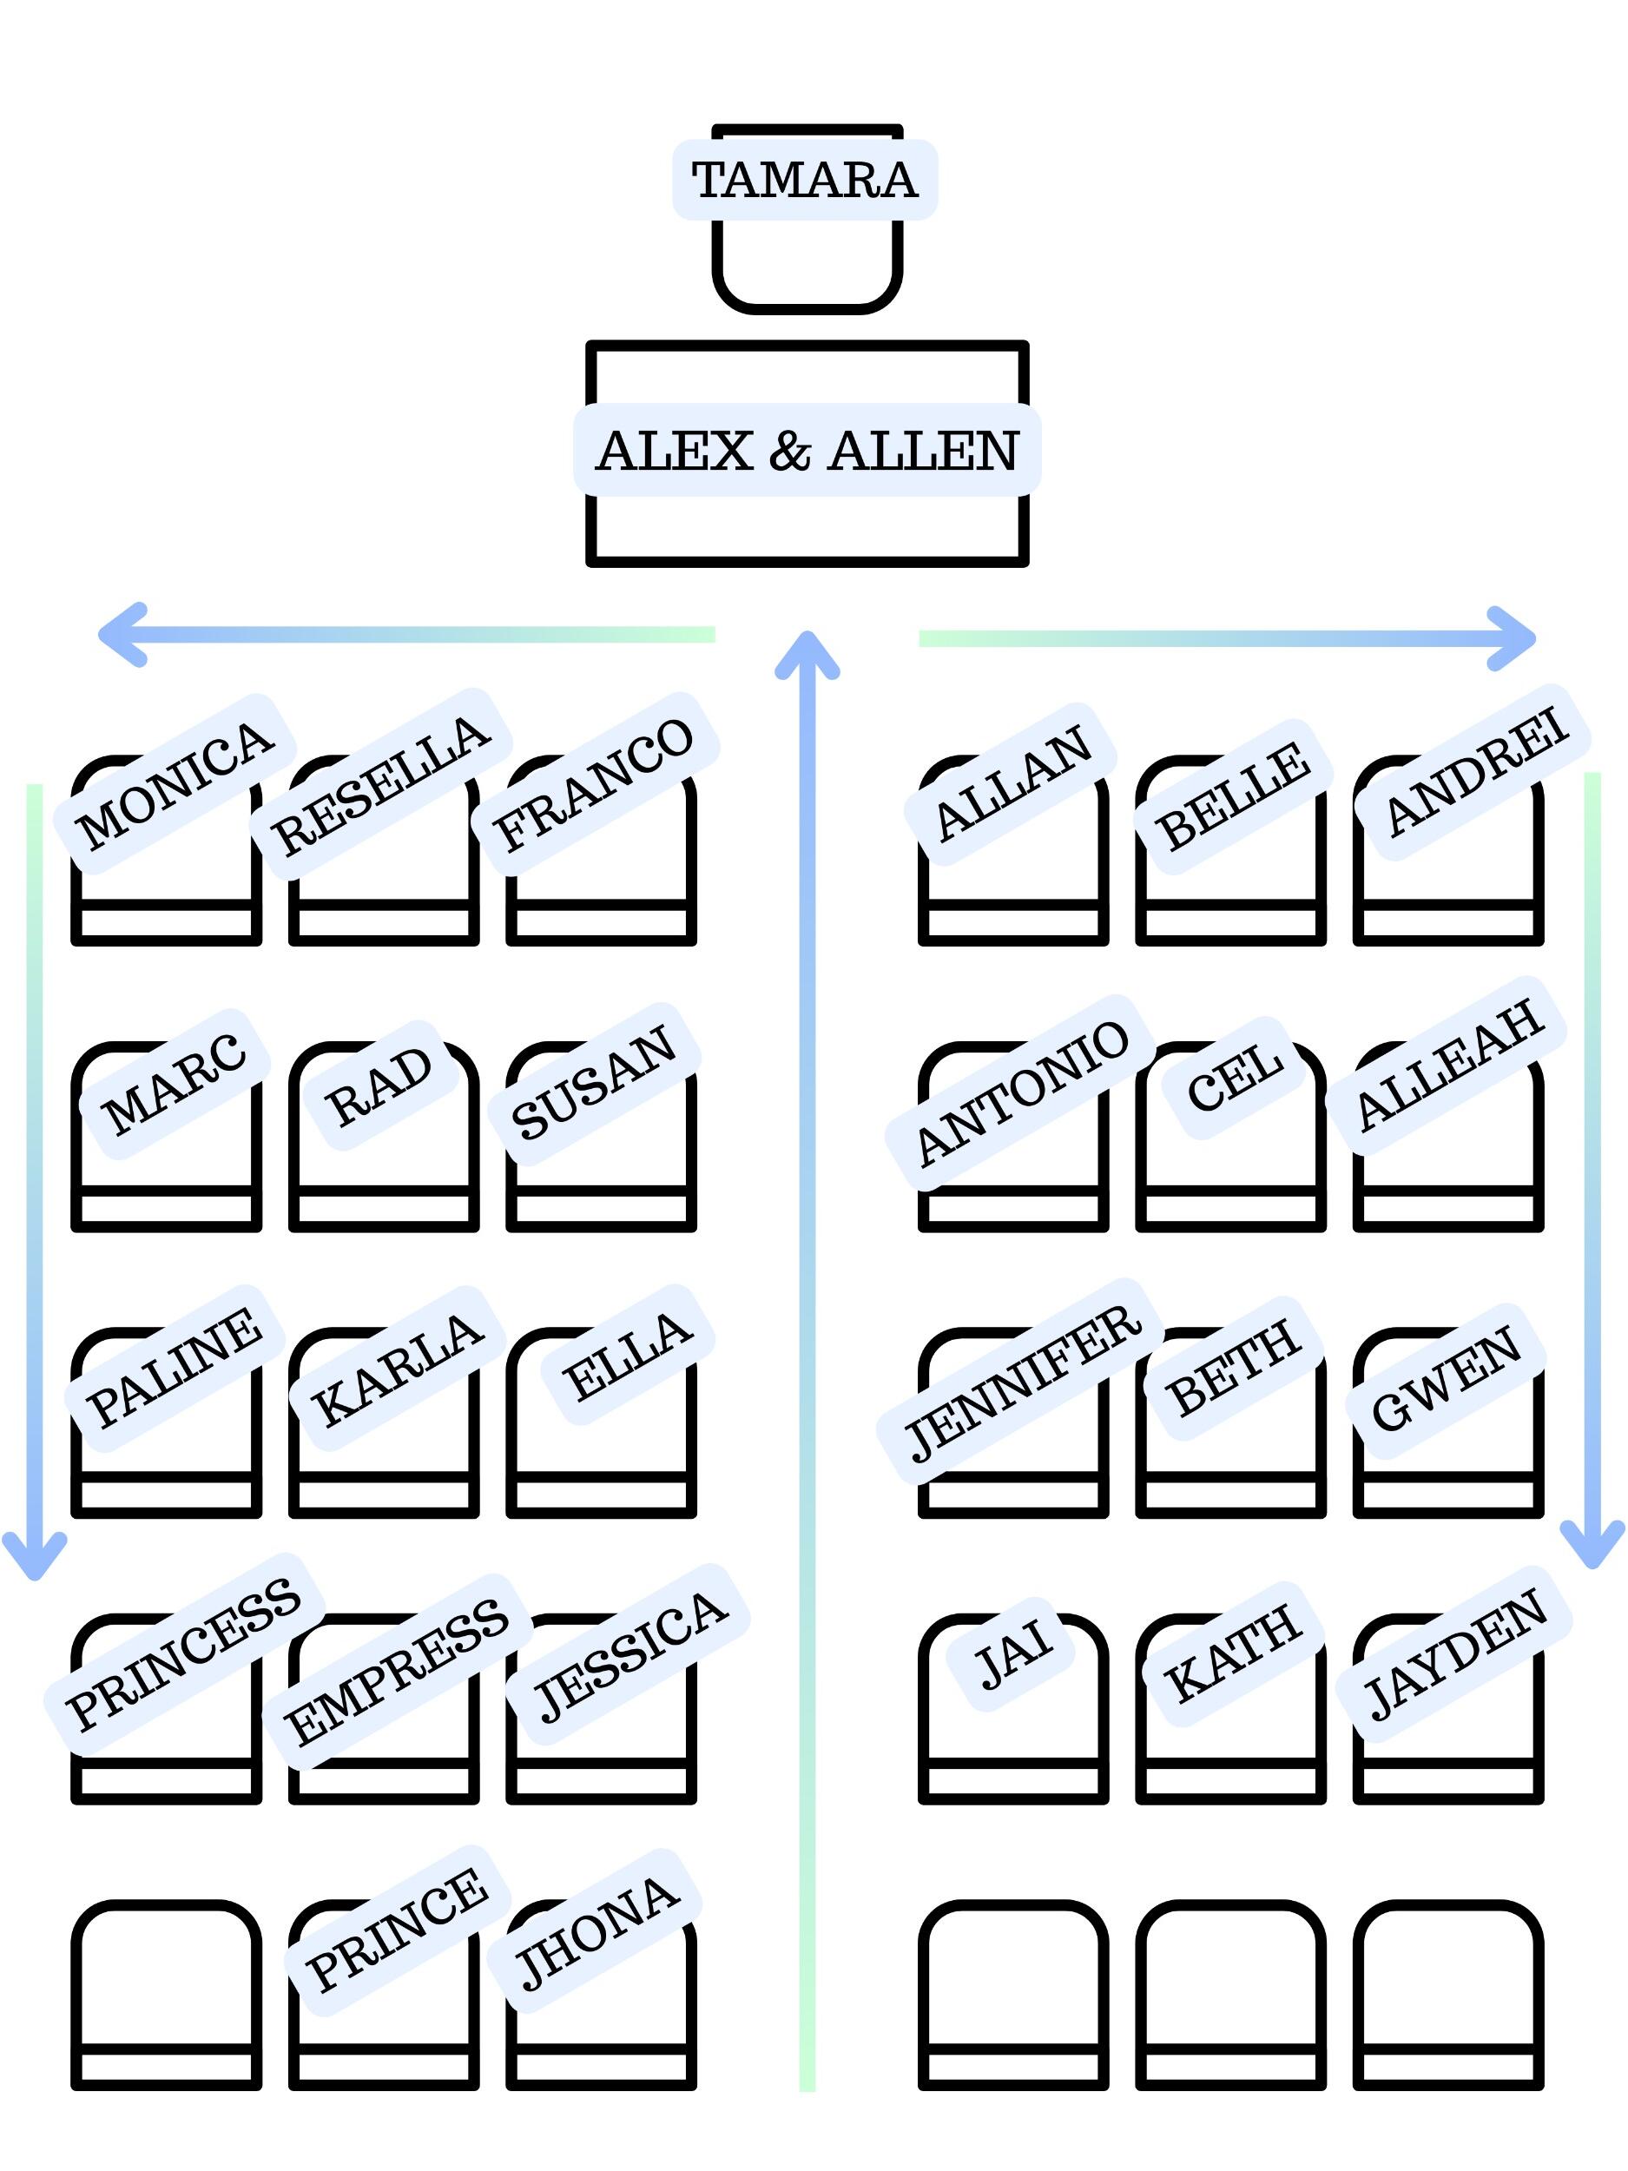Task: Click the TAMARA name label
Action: click(x=805, y=180)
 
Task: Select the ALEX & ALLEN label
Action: click(x=807, y=451)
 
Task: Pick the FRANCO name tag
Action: click(x=595, y=784)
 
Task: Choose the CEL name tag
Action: click(x=1234, y=1078)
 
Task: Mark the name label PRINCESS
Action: click(x=183, y=1653)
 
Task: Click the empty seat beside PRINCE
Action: click(x=166, y=1992)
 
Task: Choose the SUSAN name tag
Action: click(x=595, y=1084)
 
